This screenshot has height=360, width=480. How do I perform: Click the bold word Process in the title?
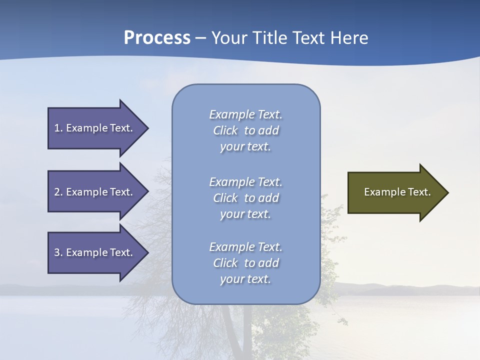157,37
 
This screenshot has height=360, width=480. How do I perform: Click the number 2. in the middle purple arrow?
58,192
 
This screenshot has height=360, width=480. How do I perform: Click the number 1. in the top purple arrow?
58,128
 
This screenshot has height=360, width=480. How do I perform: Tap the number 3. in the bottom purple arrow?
58,252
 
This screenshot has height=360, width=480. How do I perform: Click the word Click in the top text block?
225,131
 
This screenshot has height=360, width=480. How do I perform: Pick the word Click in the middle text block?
225,198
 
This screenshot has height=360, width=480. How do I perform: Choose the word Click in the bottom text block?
225,263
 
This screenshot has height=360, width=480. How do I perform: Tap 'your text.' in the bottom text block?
245,279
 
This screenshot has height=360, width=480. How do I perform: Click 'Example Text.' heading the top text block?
245,114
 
